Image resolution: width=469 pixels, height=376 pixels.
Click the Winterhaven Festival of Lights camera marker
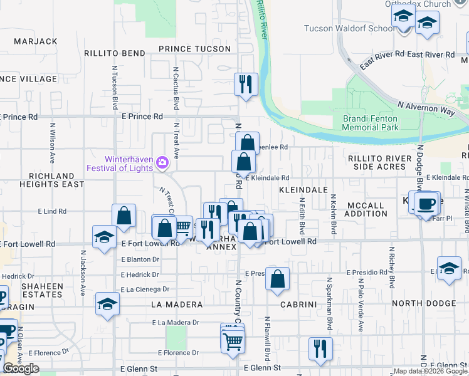[162, 163]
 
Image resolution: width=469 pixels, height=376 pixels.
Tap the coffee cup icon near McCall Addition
[426, 203]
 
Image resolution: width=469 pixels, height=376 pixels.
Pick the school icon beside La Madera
[107, 305]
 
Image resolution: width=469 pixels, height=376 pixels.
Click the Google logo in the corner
[21, 368]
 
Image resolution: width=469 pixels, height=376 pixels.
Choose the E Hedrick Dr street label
[140, 274]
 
